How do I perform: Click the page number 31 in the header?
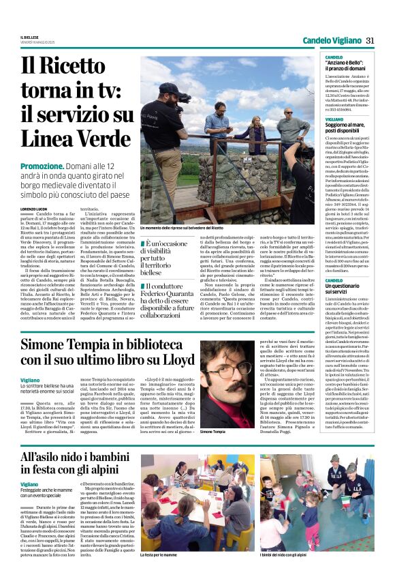point(370,40)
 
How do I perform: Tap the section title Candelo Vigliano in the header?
point(332,40)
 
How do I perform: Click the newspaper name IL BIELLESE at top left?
point(29,37)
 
